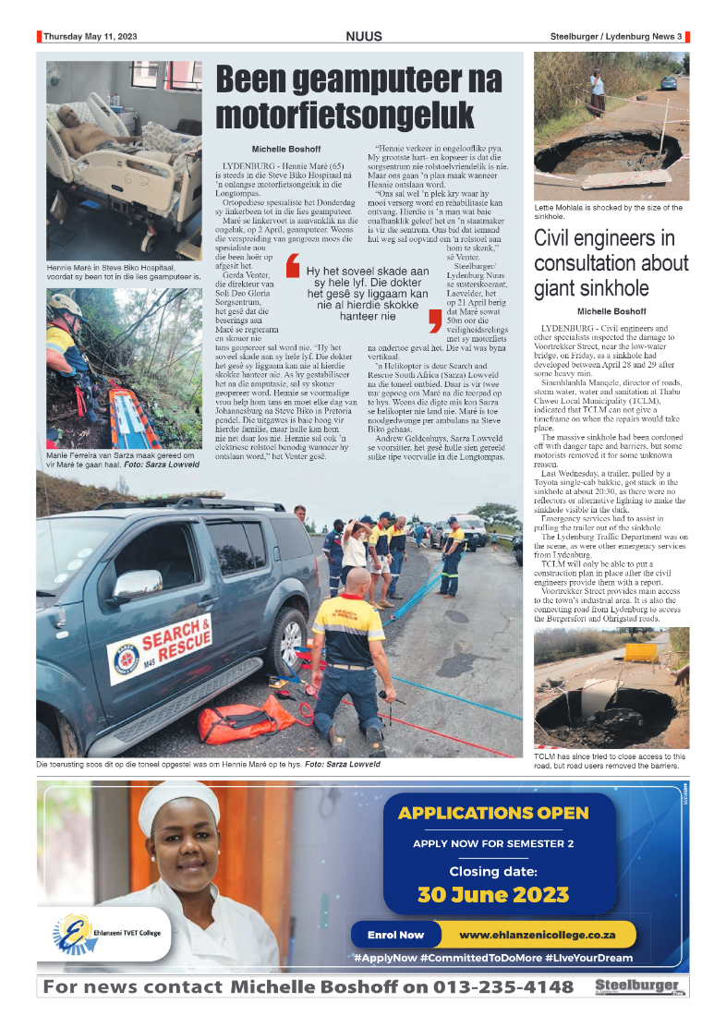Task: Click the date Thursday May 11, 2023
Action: [x=90, y=37]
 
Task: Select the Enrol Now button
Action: [x=395, y=934]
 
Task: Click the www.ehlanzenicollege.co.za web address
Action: [x=537, y=934]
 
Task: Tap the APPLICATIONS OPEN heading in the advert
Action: [x=492, y=813]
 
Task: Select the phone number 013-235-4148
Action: [x=488, y=986]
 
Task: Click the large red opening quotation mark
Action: [x=293, y=273]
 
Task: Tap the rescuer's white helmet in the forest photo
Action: [x=62, y=303]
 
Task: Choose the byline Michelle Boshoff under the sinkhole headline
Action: [x=611, y=311]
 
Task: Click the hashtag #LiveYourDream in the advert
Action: [x=588, y=958]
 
